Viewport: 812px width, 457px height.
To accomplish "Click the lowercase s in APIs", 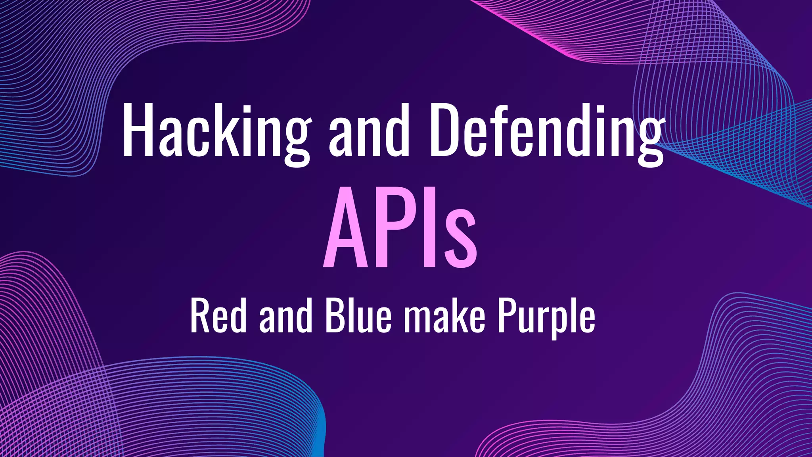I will (x=460, y=238).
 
